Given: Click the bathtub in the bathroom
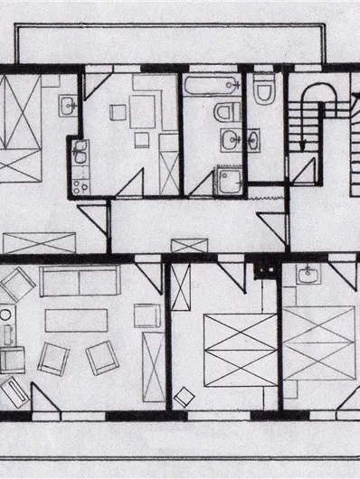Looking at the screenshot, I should [x=211, y=87].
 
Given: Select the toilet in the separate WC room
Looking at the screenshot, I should [x=265, y=90].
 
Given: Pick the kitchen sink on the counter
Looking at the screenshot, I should [x=79, y=154].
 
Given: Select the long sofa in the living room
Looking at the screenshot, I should [x=80, y=283].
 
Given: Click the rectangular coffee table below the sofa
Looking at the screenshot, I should [x=76, y=319].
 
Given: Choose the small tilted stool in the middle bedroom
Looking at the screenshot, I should [x=185, y=396].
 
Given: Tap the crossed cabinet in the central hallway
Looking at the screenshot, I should [x=189, y=245].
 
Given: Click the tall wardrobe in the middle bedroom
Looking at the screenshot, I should [x=181, y=287].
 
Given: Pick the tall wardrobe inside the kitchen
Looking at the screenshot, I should [x=169, y=163].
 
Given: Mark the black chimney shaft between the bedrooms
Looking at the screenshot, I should [x=264, y=268].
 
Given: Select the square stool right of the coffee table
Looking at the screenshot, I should [x=146, y=315].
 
